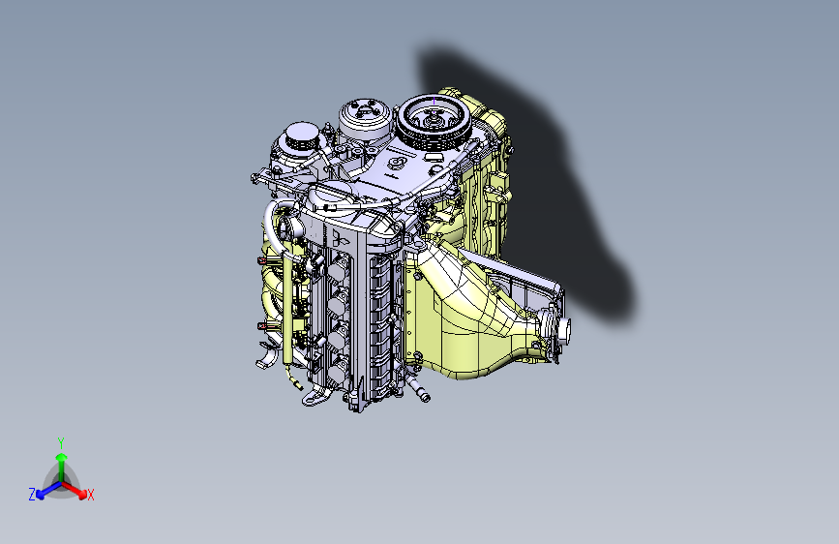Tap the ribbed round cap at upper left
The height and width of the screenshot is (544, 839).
pos(297,142)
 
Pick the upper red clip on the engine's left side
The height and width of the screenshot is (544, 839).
pos(262,259)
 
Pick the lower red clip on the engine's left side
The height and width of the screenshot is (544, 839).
pos(262,327)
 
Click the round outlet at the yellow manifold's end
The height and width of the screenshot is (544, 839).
pos(563,331)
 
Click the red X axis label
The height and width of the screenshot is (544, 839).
pos(91,495)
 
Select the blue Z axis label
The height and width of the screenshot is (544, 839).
pos(32,495)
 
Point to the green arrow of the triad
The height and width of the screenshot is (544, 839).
pos(61,459)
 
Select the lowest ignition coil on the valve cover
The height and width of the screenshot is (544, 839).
pos(339,366)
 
